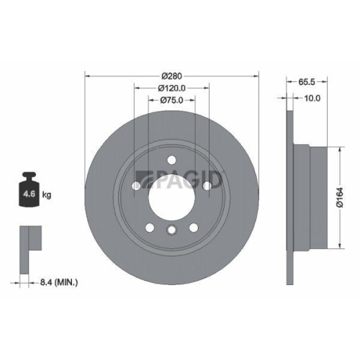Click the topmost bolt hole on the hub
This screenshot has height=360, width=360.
(171, 161)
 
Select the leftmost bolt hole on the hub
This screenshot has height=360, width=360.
(137, 186)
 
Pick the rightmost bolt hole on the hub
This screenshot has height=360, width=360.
(206, 186)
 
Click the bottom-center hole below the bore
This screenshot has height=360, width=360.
(171, 230)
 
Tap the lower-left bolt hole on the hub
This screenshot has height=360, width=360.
(150, 227)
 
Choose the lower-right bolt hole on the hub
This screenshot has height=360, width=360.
(193, 227)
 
